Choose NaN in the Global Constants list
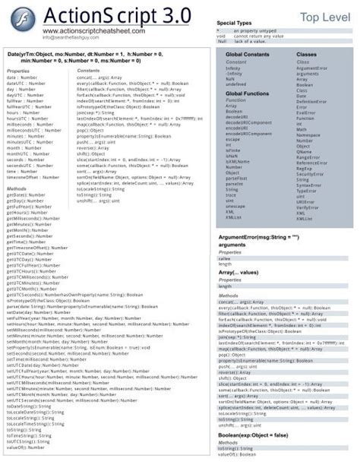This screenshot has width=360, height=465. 230,78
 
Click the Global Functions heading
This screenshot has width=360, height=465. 246,93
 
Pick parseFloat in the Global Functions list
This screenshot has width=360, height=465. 235,178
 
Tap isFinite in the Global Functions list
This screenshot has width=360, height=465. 232,150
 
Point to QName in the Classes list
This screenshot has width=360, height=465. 304,150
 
